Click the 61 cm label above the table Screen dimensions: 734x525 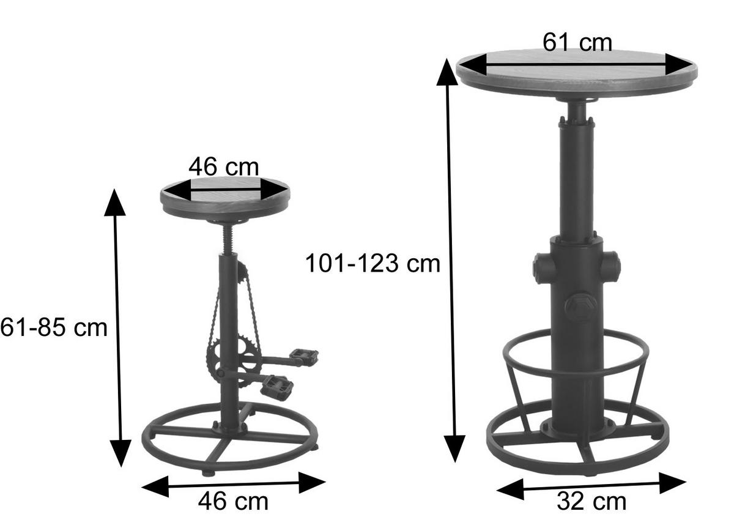577,43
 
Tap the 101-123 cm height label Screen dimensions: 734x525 373,264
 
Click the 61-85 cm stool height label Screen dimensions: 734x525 54,327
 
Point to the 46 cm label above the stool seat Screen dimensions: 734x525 223,167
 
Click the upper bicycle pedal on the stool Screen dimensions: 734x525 305,357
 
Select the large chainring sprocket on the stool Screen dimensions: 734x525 234,362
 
